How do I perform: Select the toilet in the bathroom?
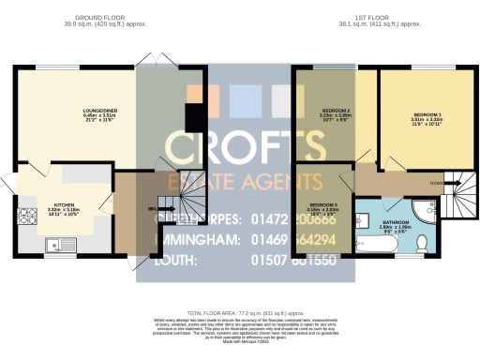pos(422,244)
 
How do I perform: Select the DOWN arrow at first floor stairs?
pos(438,182)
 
